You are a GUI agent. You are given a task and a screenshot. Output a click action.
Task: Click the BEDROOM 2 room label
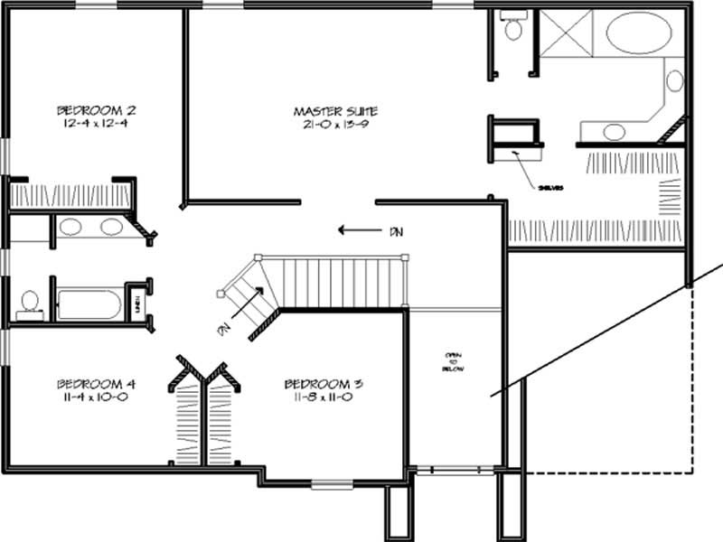coord(92,111)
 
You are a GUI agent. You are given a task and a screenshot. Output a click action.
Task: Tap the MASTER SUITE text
coord(335,111)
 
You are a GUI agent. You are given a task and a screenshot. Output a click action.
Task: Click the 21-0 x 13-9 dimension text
coord(335,125)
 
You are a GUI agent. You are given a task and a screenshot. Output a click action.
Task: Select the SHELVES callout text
coord(550,188)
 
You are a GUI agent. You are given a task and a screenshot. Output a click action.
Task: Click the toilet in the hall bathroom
coord(30,304)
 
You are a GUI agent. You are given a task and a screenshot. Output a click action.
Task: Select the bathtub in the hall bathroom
coord(89,304)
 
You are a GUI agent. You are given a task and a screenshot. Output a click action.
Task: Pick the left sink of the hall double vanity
coord(71,227)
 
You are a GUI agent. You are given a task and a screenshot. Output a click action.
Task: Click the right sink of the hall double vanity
coord(111,227)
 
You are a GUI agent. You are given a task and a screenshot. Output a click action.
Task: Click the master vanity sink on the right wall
coord(674,80)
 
